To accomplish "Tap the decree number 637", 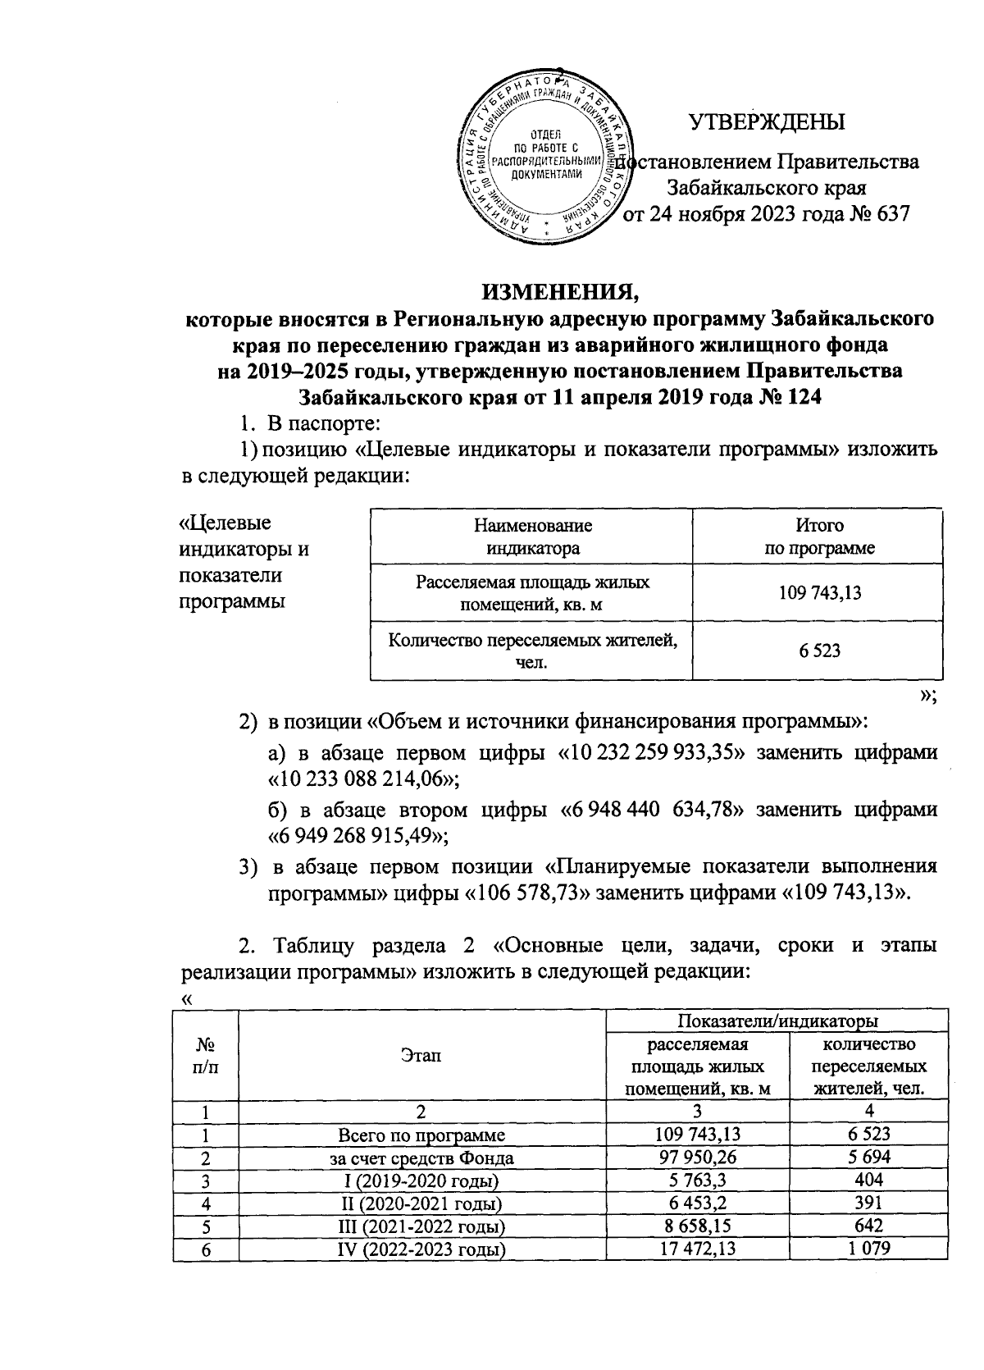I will (892, 214).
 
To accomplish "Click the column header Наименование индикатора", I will (531, 537).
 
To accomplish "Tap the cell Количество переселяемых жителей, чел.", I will (531, 650).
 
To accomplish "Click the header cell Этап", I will (422, 1055).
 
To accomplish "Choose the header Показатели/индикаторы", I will (777, 1021).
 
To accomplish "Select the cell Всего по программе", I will (422, 1135).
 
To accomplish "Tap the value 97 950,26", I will (697, 1158).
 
